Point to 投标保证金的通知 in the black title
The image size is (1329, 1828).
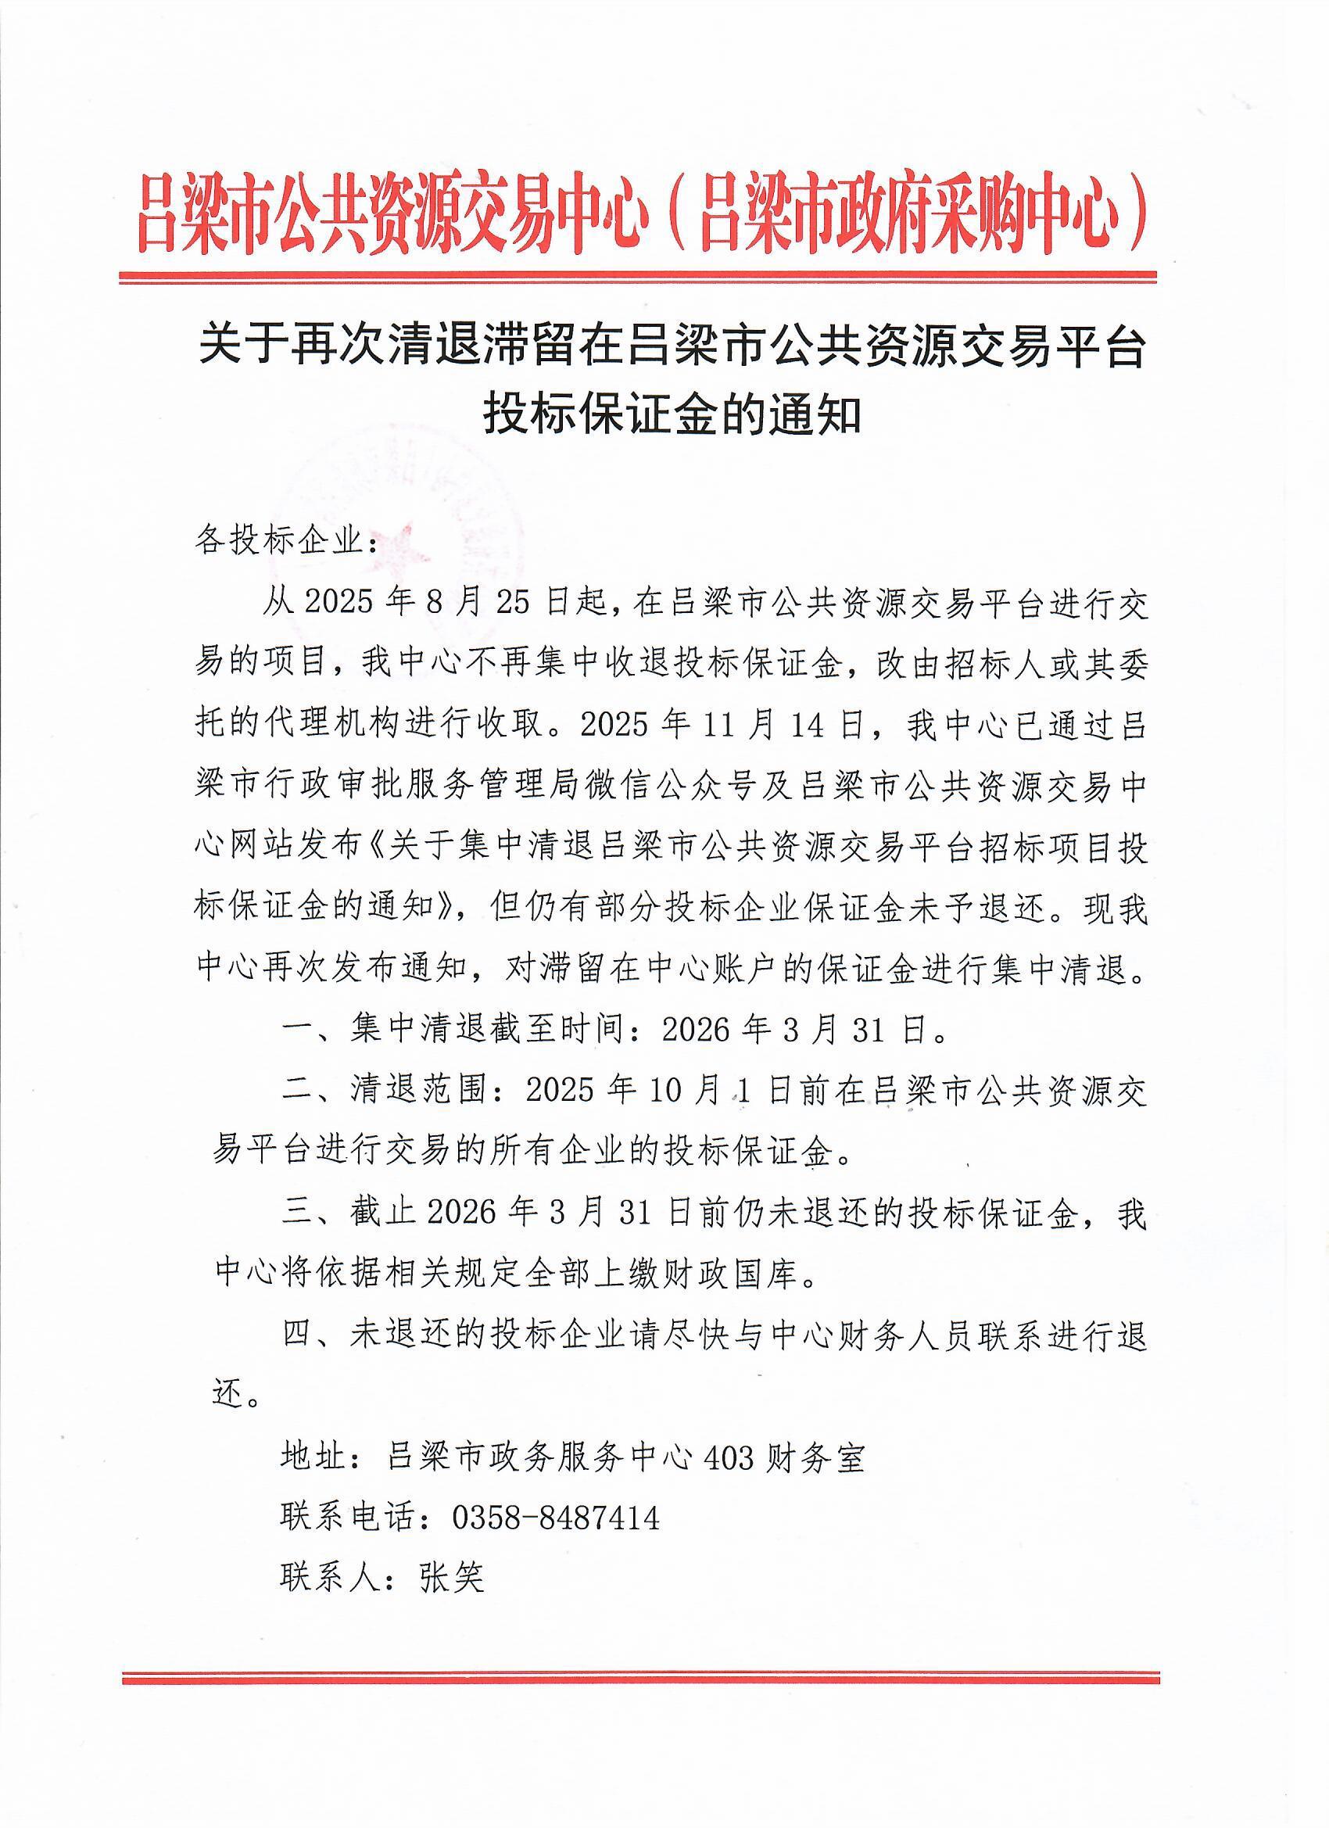coord(672,417)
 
